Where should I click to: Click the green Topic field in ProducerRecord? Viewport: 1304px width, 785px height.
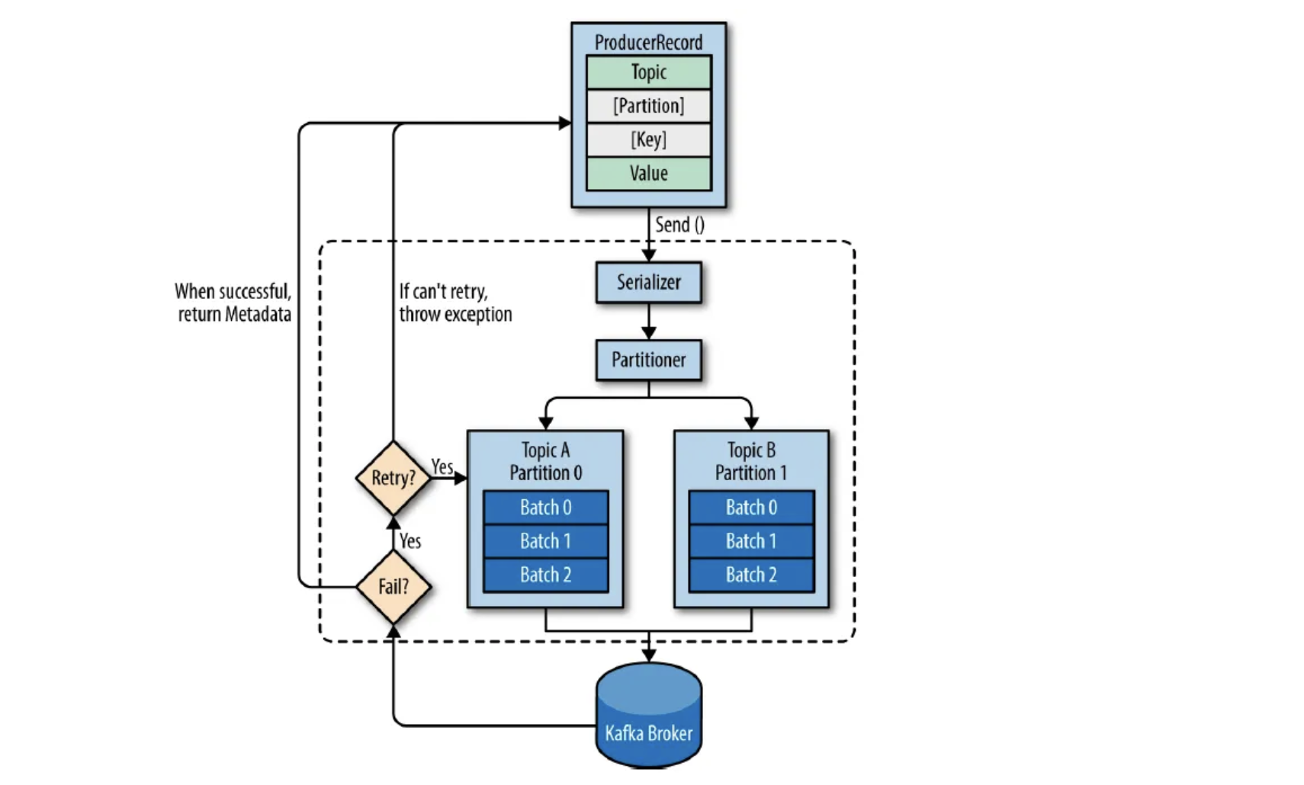(x=648, y=72)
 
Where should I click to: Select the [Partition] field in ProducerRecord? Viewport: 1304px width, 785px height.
(x=648, y=106)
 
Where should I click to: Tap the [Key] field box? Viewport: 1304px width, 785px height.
(x=648, y=139)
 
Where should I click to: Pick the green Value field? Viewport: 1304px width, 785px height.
(x=648, y=173)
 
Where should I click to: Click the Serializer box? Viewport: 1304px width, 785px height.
(x=648, y=283)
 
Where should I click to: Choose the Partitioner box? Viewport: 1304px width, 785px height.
(x=648, y=360)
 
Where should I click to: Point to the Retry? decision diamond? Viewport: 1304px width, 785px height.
(x=393, y=478)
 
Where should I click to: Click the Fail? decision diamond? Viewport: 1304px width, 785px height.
(x=393, y=586)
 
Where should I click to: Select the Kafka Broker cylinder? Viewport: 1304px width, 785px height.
(x=648, y=716)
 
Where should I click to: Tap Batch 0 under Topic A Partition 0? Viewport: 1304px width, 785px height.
(x=546, y=508)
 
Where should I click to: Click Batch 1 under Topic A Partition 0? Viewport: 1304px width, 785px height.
(x=546, y=541)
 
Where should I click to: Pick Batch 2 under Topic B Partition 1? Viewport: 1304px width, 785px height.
(x=751, y=575)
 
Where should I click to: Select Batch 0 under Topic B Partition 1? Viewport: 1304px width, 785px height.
(x=751, y=508)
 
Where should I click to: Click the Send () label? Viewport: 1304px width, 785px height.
(x=679, y=225)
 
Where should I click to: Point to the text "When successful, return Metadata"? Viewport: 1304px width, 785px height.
(x=233, y=303)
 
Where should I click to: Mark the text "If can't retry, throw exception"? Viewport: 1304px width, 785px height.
(x=455, y=303)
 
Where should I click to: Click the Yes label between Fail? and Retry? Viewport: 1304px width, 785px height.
(x=410, y=541)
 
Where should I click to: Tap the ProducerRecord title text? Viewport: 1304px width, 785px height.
(x=648, y=43)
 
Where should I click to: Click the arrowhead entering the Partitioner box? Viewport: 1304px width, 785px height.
(x=648, y=333)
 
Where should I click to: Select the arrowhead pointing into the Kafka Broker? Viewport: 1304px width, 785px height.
(x=648, y=655)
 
